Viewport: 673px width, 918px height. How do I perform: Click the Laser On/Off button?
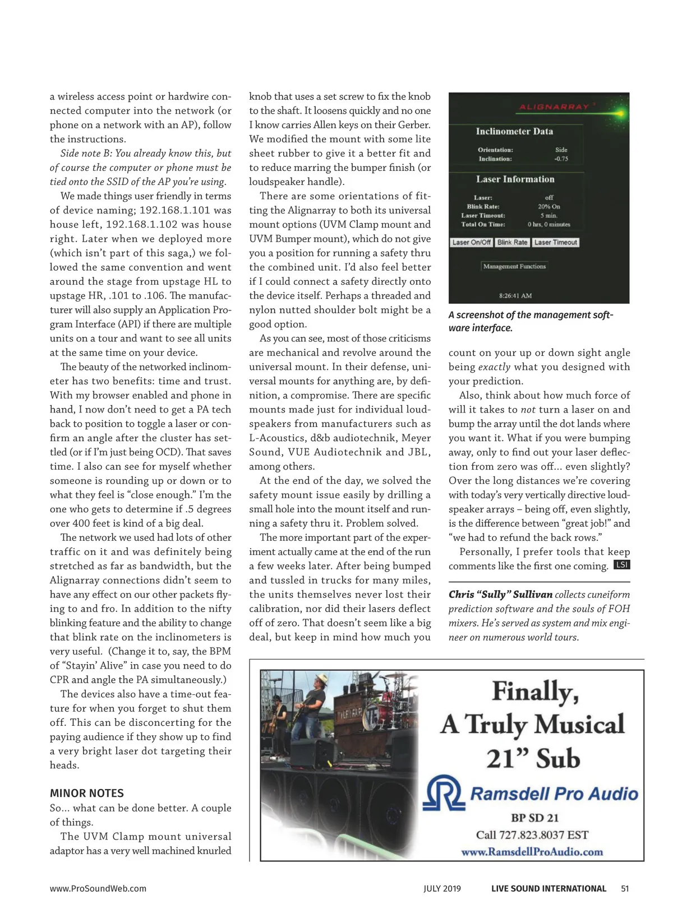pyautogui.click(x=471, y=243)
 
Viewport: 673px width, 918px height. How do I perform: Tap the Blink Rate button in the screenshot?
pyautogui.click(x=512, y=243)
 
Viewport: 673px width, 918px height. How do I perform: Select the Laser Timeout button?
pyautogui.click(x=555, y=243)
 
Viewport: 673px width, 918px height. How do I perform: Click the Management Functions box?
pyautogui.click(x=514, y=267)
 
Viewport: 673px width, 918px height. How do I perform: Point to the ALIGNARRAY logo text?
pyautogui.click(x=554, y=106)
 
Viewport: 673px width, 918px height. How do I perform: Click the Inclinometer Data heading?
pyautogui.click(x=514, y=132)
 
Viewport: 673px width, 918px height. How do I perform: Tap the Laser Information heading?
pyautogui.click(x=515, y=179)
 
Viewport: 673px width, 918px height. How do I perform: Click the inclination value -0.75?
pyautogui.click(x=561, y=159)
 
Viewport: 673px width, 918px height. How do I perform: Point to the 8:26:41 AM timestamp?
pyautogui.click(x=515, y=295)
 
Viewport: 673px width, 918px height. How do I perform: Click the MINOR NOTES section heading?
pyautogui.click(x=87, y=793)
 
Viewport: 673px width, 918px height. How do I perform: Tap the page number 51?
pyautogui.click(x=625, y=888)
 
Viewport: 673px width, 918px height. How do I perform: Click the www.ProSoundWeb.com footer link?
pyautogui.click(x=98, y=888)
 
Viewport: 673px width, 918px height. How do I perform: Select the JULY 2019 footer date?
pyautogui.click(x=442, y=888)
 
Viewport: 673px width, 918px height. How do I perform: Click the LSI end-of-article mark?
pyautogui.click(x=622, y=565)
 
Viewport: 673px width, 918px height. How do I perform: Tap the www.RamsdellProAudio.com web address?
pyautogui.click(x=532, y=852)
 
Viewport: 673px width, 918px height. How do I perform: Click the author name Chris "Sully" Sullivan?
pyautogui.click(x=500, y=595)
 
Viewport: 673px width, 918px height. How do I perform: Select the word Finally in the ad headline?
pyautogui.click(x=535, y=691)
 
